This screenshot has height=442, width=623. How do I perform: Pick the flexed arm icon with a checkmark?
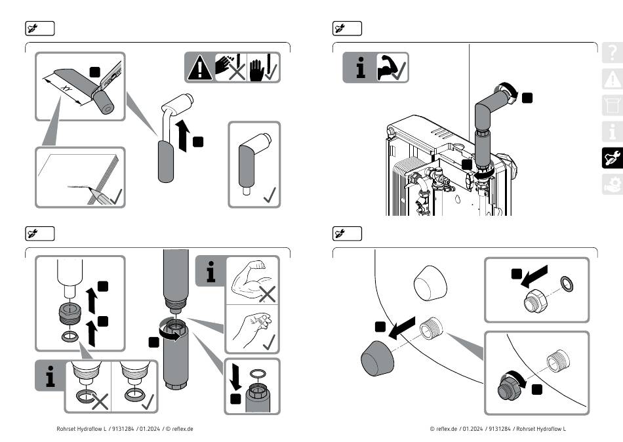pyautogui.click(x=392, y=68)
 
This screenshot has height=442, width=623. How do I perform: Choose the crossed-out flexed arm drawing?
pyautogui.click(x=252, y=279)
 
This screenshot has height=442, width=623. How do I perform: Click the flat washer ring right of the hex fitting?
pyautogui.click(x=567, y=284)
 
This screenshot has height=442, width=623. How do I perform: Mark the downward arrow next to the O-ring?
pyautogui.click(x=236, y=376)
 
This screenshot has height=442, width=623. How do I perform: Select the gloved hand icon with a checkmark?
pyautogui.click(x=264, y=68)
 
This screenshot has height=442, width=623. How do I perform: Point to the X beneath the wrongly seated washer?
pyautogui.click(x=100, y=402)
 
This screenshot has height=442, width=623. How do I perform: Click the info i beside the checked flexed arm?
pyautogui.click(x=360, y=68)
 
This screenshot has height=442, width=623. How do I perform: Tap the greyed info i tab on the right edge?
pyautogui.click(x=613, y=131)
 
